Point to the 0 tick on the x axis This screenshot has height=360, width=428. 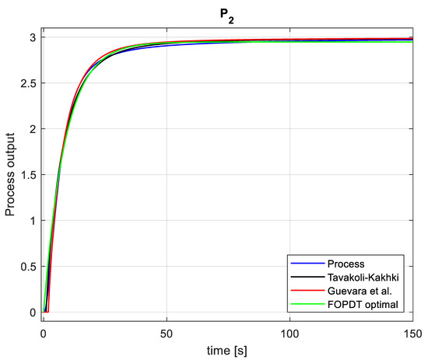pyautogui.click(x=44, y=333)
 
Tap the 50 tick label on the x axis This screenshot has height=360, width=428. pyautogui.click(x=167, y=333)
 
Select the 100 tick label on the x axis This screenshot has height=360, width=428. pyautogui.click(x=289, y=333)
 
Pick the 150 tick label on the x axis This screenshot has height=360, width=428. pyautogui.click(x=411, y=333)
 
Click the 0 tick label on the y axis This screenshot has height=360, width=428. pyautogui.click(x=33, y=313)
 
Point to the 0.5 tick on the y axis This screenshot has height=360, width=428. pyautogui.click(x=28, y=267)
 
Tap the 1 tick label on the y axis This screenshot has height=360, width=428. pyautogui.click(x=33, y=221)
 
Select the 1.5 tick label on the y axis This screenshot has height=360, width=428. pyautogui.click(x=28, y=175)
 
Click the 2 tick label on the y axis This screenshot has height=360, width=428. pyautogui.click(x=33, y=129)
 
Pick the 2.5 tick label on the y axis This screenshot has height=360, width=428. pyautogui.click(x=28, y=83)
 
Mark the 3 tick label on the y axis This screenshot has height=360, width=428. pyautogui.click(x=33, y=37)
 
